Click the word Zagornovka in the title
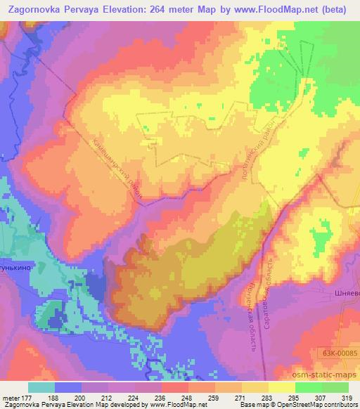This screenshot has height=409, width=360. click(x=32, y=8)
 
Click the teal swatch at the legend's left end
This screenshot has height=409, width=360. click(x=41, y=387)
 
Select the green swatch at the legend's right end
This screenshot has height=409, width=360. click(x=335, y=387)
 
